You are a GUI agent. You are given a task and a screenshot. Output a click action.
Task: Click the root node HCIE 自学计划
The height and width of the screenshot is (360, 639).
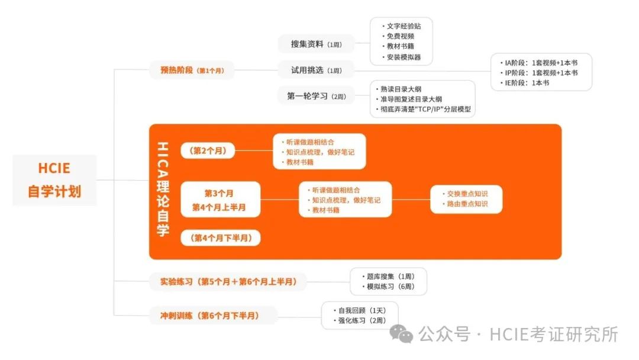pos(54,179)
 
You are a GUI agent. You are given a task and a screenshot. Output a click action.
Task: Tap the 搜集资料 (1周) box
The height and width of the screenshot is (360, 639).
pos(316,44)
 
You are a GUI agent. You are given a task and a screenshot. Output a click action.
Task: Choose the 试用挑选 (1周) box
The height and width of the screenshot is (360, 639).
pos(316,70)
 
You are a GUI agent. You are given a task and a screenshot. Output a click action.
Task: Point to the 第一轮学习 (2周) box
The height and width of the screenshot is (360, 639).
pos(316,96)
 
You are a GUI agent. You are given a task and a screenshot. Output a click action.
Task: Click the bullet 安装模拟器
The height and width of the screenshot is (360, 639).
pos(402,57)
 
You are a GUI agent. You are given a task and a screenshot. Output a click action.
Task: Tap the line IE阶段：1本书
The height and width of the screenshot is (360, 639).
pos(528,83)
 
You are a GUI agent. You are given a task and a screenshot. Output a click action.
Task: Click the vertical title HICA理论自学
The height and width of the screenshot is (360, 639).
pos(163,189)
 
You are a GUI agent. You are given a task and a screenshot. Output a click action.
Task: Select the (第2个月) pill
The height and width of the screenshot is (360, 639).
pos(208,150)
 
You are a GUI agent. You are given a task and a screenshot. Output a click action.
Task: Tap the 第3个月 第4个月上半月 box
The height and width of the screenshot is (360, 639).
pos(220,200)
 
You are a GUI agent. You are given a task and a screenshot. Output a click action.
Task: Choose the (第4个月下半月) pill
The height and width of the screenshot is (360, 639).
pos(221,238)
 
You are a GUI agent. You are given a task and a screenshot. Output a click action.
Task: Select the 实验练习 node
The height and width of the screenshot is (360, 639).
pos(228,282)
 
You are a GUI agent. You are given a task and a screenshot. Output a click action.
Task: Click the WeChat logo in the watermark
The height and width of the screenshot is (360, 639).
pos(405,336)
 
